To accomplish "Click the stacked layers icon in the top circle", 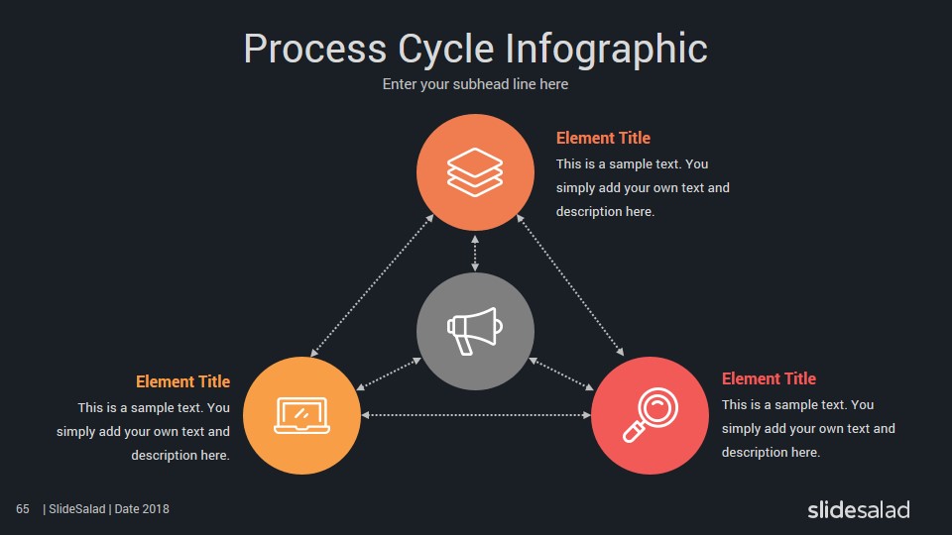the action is pos(475,172).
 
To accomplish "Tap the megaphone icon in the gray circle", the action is pos(475,331).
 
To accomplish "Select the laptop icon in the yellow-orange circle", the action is pos(301,415).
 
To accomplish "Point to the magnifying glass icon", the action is pos(651,415).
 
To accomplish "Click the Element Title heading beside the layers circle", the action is pos(603,139).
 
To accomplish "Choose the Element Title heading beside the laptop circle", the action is pos(182,381).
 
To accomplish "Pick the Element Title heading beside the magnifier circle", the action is pos(769,378).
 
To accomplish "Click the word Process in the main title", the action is pos(314,49).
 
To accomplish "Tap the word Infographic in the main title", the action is pos(607,50).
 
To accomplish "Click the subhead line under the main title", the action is pos(475,84).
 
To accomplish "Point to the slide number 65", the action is pos(23,509).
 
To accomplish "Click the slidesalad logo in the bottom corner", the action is pos(859,509).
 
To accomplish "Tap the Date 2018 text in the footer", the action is pos(142,509).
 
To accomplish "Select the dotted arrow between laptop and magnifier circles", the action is pos(475,415).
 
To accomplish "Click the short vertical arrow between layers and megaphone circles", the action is pos(475,253).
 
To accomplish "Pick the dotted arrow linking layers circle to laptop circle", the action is pos(372,285).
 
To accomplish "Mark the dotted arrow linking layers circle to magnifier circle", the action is pos(570,284).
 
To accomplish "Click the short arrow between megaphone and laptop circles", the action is pos(389,374).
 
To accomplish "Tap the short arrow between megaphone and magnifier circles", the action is pos(561,374).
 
